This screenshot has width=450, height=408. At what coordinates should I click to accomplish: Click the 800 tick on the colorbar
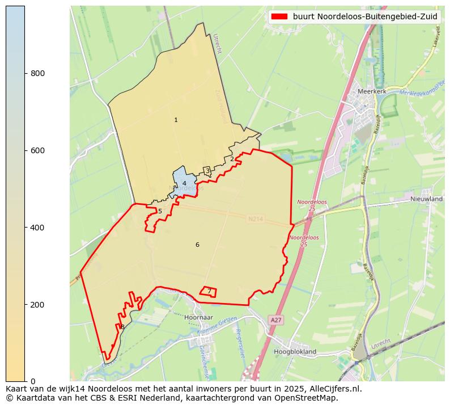(x=25, y=73)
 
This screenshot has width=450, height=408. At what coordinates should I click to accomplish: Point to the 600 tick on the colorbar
(x=25, y=150)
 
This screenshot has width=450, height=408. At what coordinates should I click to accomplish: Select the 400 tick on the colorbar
(x=25, y=228)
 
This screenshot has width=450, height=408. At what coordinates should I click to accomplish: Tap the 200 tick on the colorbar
(x=25, y=305)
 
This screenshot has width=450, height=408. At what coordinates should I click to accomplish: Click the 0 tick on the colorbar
(x=25, y=381)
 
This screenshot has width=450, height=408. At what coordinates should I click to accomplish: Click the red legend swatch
(x=279, y=16)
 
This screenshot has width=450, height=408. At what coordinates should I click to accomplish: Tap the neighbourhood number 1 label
(x=176, y=120)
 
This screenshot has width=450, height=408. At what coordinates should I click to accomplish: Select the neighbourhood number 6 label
(x=197, y=245)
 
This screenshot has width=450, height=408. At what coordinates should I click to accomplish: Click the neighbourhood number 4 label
(x=184, y=183)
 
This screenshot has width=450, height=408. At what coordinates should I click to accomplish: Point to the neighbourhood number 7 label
(x=209, y=291)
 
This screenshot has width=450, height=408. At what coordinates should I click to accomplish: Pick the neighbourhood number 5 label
(x=160, y=211)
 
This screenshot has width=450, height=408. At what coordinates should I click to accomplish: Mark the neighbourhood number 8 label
(x=122, y=327)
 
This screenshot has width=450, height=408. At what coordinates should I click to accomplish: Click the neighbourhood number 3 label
(x=207, y=170)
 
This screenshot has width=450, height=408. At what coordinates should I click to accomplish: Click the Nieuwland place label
(x=427, y=199)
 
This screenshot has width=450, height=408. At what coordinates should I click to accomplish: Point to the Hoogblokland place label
(x=295, y=352)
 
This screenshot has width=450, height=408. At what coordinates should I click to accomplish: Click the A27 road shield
(x=275, y=321)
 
